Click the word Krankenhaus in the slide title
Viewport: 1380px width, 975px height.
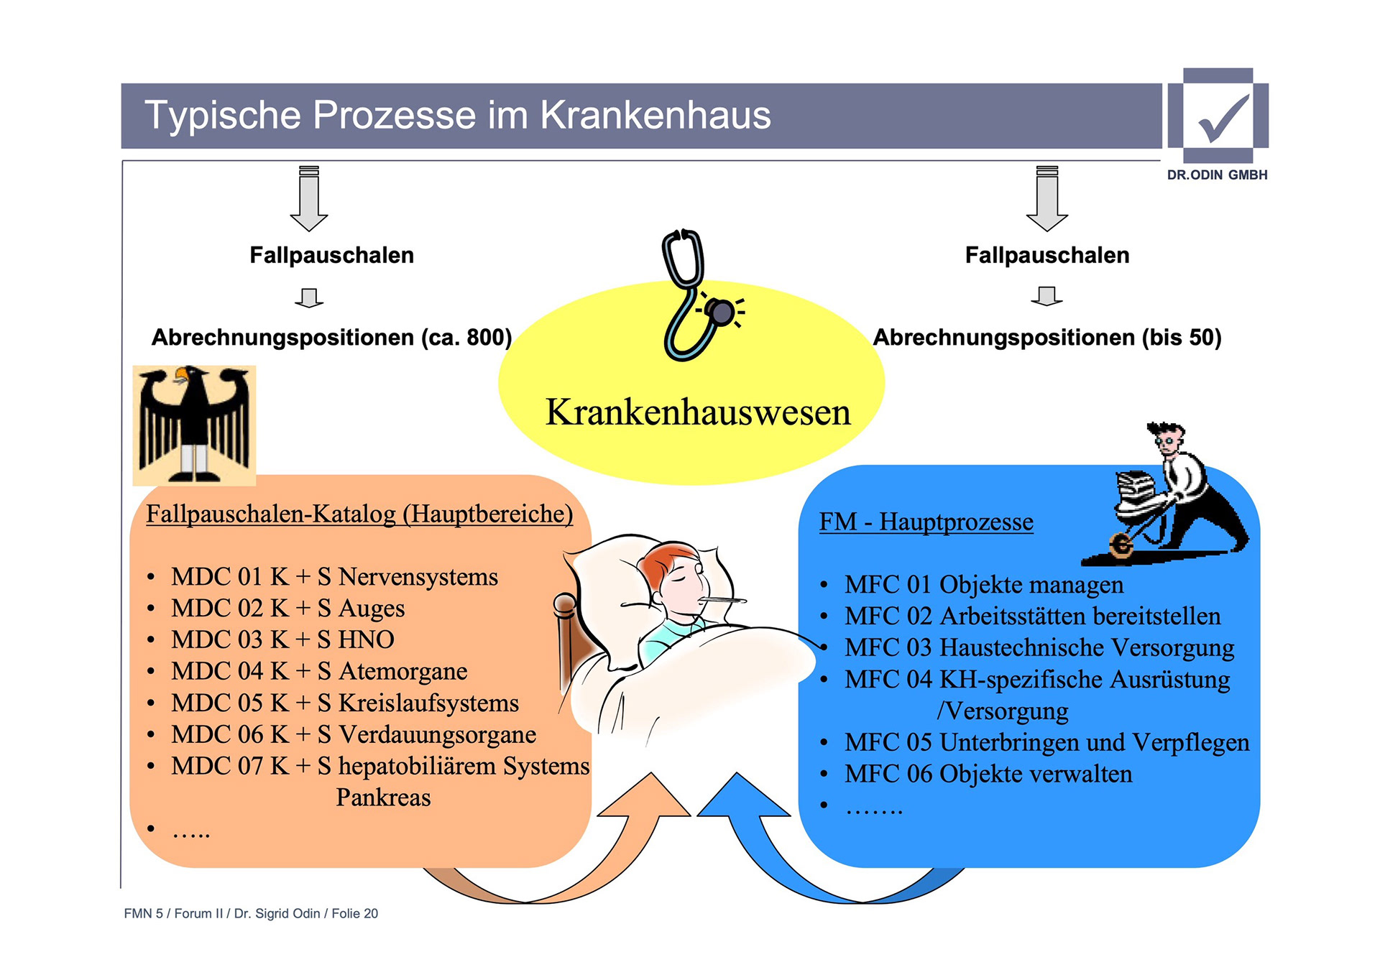[x=655, y=116]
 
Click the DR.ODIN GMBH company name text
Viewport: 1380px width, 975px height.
[x=1217, y=175]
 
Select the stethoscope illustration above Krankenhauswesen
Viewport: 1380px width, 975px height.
[x=694, y=295]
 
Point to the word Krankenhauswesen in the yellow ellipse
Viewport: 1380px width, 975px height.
[x=697, y=412]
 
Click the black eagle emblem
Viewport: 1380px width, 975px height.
[x=194, y=424]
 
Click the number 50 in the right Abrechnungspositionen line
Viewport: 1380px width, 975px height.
[x=1199, y=337]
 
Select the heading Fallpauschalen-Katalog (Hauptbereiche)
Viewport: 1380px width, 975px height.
[x=359, y=514]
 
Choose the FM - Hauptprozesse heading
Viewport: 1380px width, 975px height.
[x=926, y=522]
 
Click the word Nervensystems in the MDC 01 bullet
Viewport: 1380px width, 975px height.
[x=418, y=577]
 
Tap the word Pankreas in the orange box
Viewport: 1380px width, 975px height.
[x=383, y=798]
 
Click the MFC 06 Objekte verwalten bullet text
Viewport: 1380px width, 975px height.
[x=988, y=774]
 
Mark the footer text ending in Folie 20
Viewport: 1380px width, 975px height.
[x=251, y=913]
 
